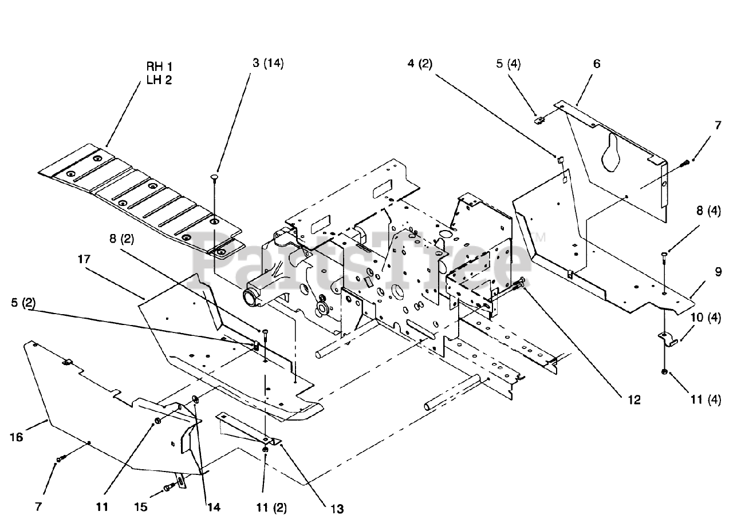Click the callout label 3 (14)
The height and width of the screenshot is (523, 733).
(268, 62)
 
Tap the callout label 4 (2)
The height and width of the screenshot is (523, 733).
(420, 64)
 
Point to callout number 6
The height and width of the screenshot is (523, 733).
(597, 64)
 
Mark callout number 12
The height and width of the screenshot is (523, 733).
(633, 400)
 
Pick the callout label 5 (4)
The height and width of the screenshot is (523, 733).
(508, 64)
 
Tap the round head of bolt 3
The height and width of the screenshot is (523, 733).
(214, 177)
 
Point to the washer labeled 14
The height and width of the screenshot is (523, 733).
(195, 399)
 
